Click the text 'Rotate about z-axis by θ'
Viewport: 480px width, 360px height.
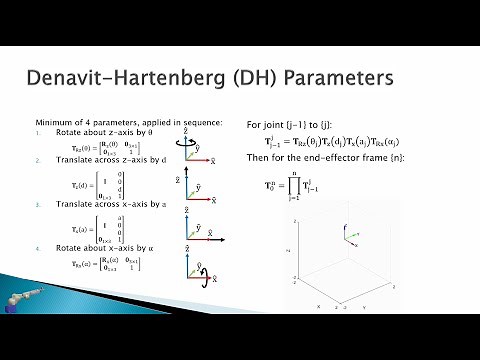coord(96,133)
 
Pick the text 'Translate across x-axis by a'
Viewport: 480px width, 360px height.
coord(101,205)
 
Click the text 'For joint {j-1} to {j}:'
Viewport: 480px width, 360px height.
coord(291,125)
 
